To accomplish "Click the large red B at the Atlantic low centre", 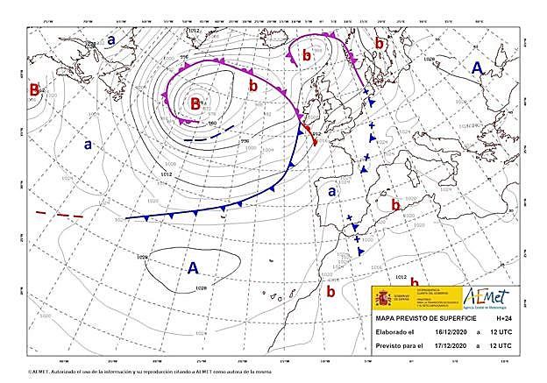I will point(197,104).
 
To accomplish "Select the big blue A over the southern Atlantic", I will point(193,268).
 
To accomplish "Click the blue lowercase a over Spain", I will point(332,190).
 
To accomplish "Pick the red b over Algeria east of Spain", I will point(396,205).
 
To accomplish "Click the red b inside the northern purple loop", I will point(306,56).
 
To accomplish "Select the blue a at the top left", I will point(111,39).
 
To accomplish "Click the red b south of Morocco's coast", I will point(330,291).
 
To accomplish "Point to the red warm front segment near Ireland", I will point(309,133).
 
